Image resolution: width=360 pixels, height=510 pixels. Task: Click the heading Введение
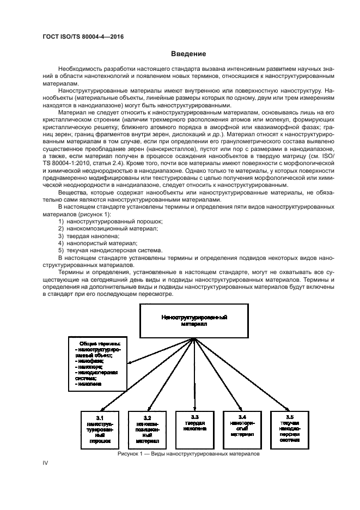[188, 54]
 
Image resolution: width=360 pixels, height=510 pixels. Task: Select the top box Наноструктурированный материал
[194, 320]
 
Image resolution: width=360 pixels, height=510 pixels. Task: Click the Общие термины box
[99, 364]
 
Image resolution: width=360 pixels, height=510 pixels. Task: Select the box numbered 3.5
[290, 428]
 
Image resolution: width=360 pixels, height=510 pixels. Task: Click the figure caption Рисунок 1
[188, 453]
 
